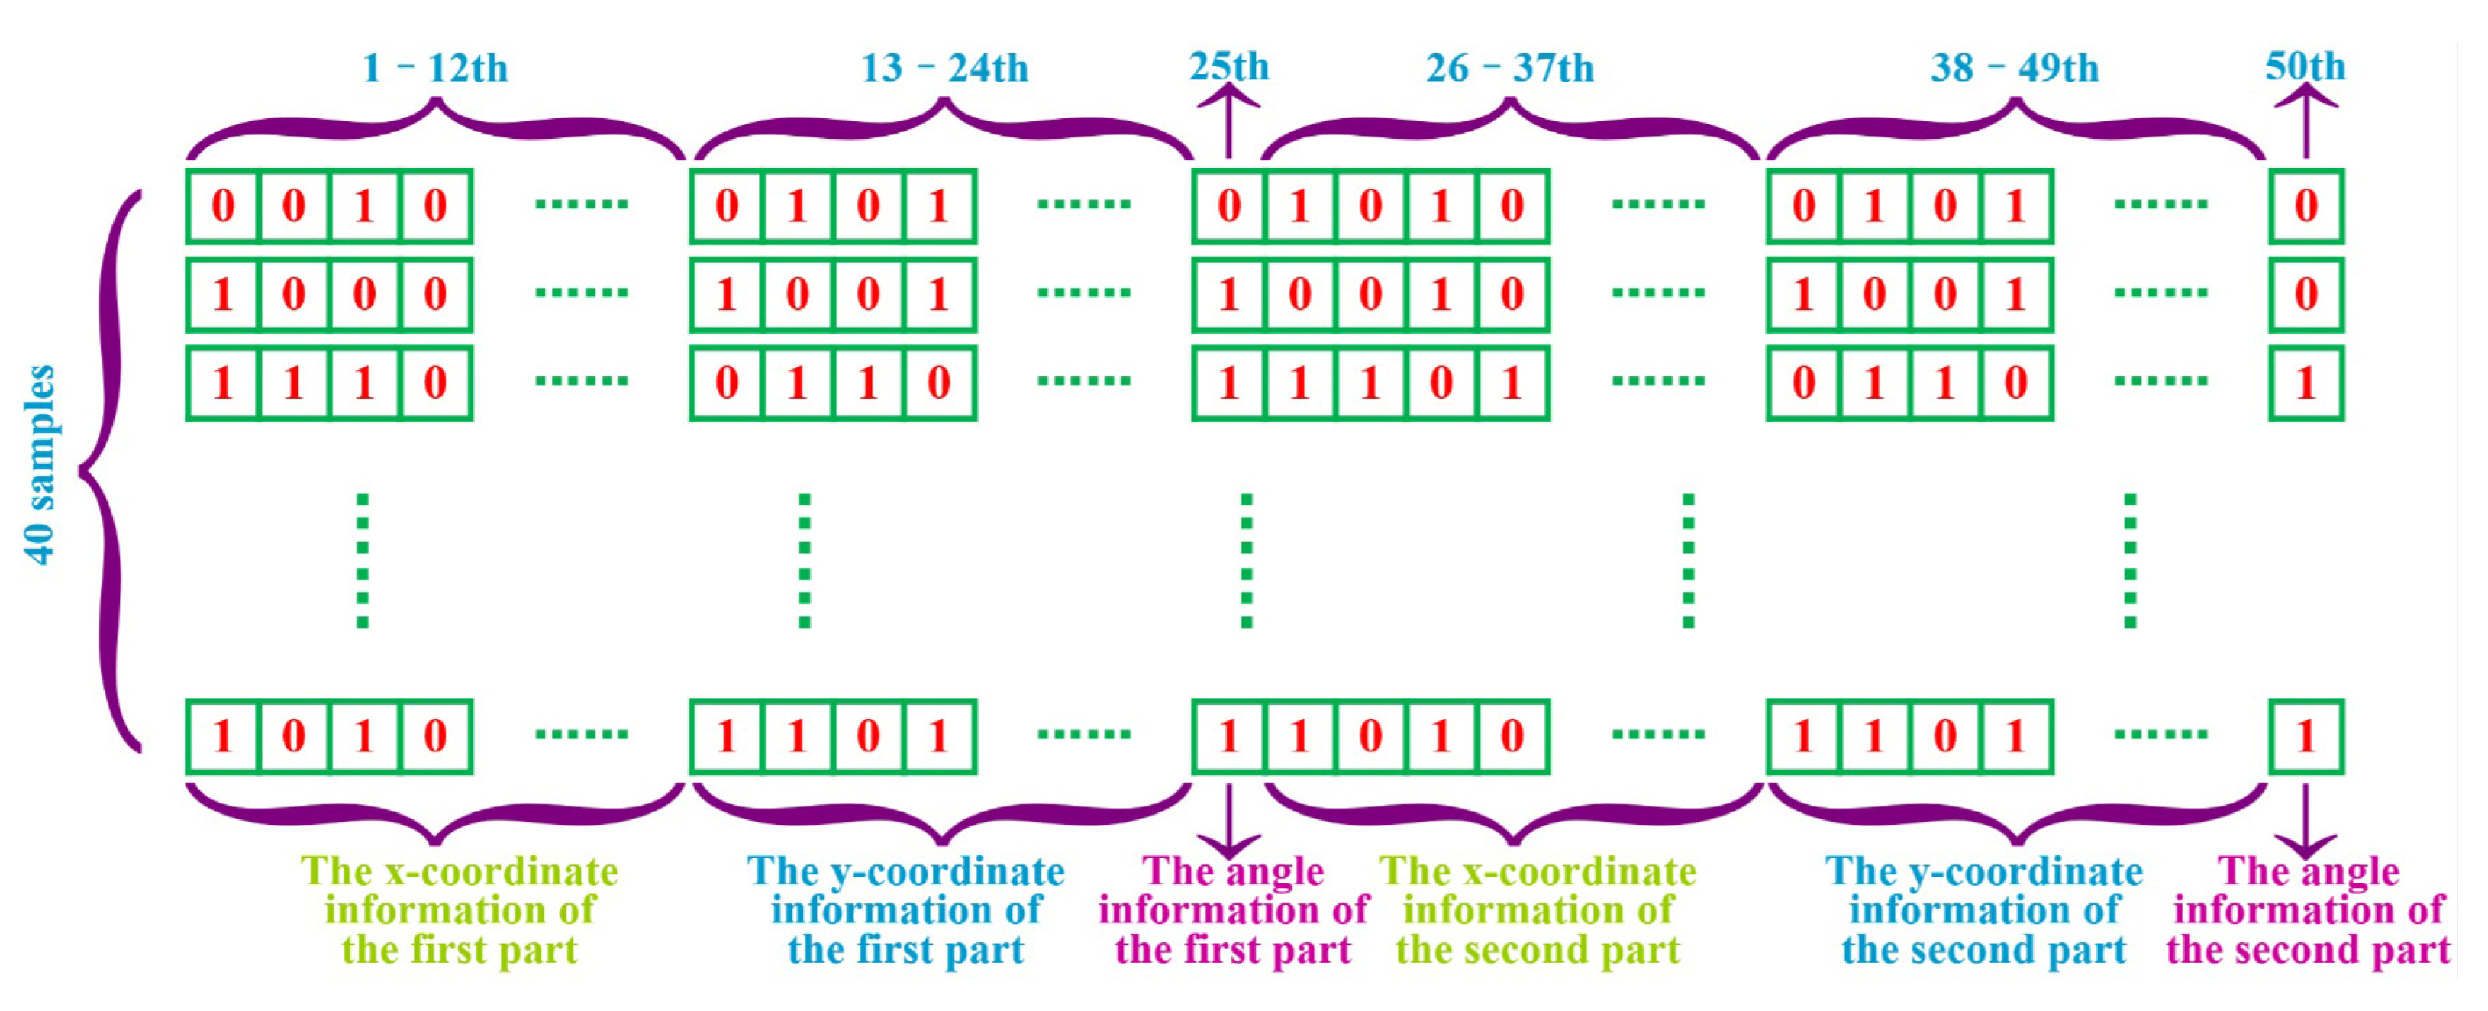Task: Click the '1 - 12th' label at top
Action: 434,68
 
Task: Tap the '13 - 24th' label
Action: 944,68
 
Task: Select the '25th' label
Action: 1228,66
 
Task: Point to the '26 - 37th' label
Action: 1509,68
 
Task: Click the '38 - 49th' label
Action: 2014,68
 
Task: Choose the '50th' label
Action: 2306,66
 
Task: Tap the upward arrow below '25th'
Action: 1228,121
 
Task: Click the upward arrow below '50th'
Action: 2306,121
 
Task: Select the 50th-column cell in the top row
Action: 2306,205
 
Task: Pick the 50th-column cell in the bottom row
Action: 2306,737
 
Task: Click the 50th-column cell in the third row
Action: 2306,383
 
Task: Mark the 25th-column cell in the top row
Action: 1228,205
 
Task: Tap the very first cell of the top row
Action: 223,205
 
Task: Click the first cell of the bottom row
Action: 223,737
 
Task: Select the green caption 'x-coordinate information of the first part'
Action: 459,910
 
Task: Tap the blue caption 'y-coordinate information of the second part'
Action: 1984,910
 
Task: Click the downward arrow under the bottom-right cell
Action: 2306,821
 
